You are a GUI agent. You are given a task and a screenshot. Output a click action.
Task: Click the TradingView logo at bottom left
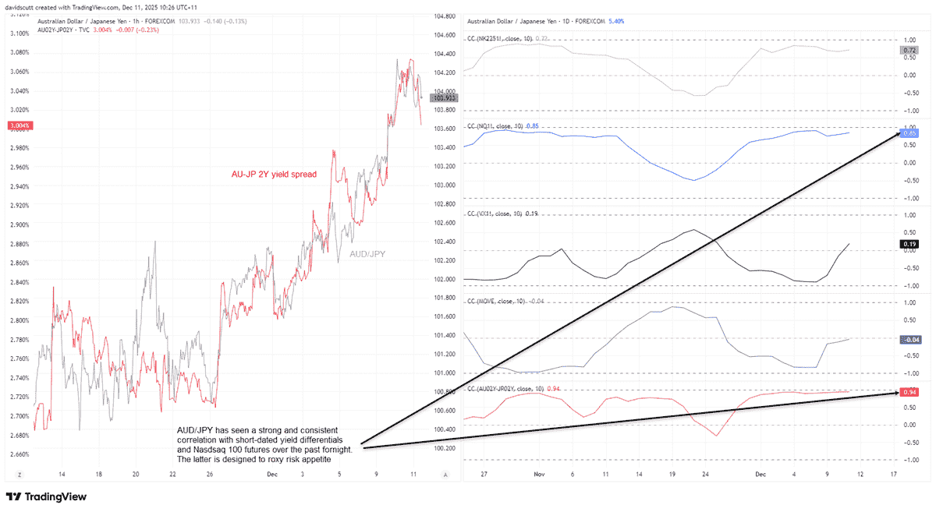46,497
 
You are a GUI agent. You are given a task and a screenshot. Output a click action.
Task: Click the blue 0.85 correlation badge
909,134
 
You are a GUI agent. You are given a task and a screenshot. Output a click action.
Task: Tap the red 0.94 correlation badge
909,392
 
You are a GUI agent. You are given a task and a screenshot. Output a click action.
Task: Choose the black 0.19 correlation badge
909,244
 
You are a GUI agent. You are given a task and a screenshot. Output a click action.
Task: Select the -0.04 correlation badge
909,340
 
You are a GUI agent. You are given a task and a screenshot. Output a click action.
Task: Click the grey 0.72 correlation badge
909,50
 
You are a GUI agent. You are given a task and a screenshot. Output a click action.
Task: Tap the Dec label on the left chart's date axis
271,473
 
